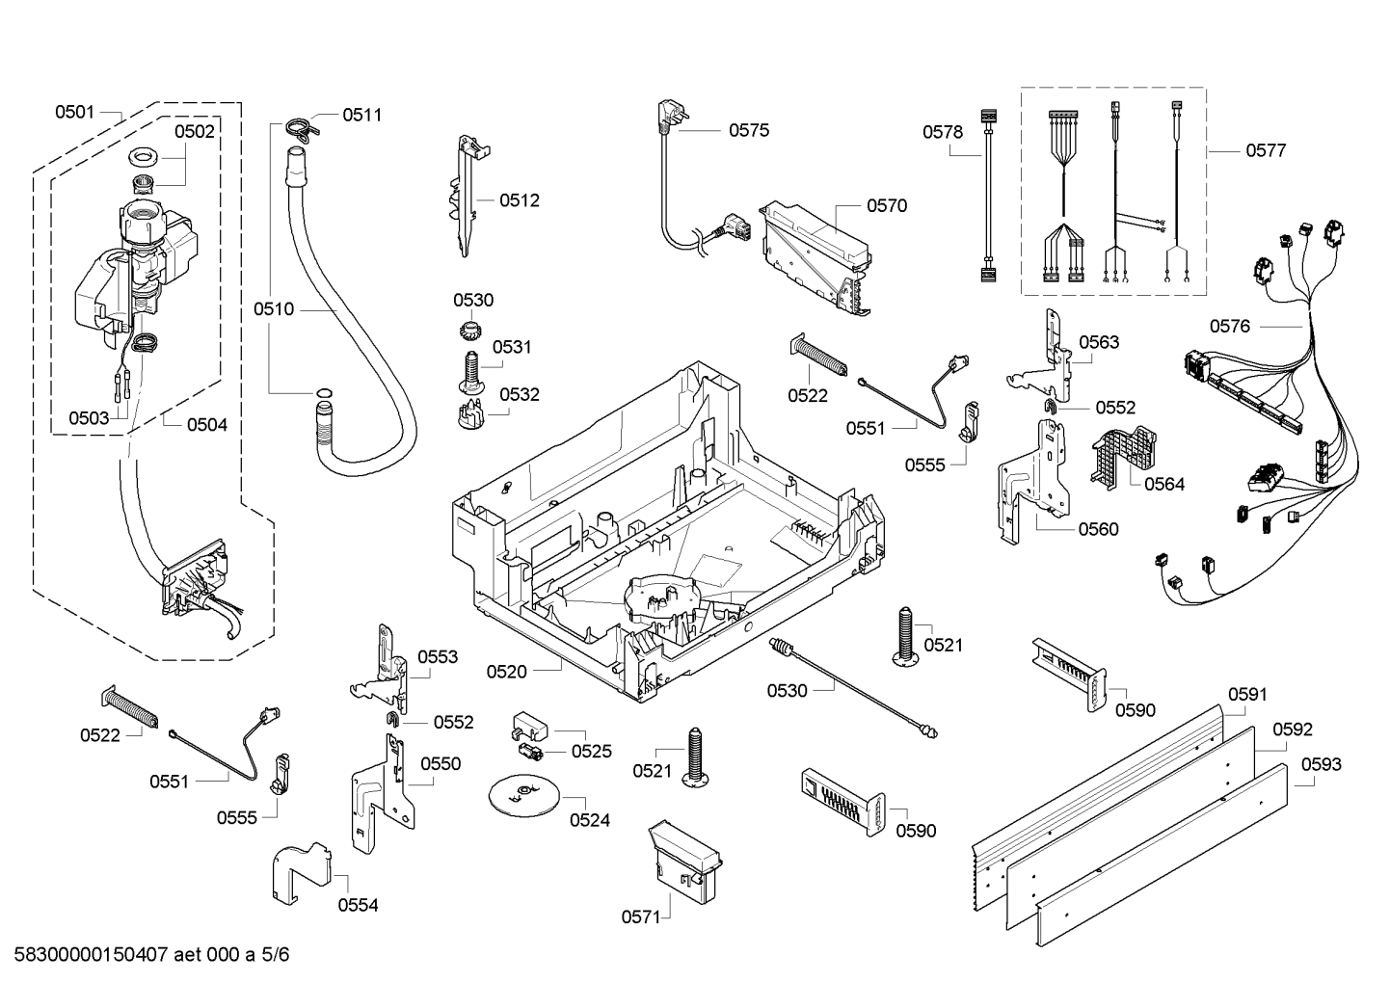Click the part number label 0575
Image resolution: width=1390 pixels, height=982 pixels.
[748, 130]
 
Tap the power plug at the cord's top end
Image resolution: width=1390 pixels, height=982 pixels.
[665, 114]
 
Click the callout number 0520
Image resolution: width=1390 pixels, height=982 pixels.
[506, 672]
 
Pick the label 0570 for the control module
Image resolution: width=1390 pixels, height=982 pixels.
[886, 205]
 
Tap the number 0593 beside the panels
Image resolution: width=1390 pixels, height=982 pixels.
[1321, 764]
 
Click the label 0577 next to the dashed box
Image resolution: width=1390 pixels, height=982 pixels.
[1266, 150]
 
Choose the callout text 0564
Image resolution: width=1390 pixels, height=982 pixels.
[1164, 484]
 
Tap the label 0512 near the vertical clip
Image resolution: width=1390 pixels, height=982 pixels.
[520, 200]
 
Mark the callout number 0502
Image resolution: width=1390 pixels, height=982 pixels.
[194, 131]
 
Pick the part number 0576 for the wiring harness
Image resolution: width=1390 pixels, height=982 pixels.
[1229, 326]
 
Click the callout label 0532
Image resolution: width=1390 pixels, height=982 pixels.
[520, 394]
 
